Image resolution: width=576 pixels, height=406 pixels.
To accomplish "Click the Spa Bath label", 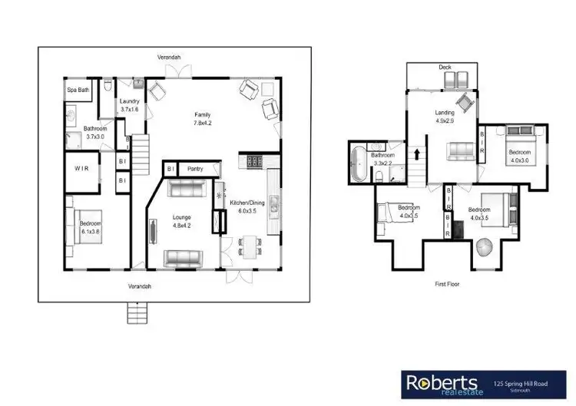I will pyautogui.click(x=78, y=90).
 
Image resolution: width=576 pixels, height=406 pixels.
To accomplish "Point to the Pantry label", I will pyautogui.click(x=195, y=168).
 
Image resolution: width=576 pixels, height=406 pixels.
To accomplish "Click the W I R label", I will pyautogui.click(x=83, y=167).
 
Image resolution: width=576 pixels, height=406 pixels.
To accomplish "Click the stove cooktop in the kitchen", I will pyautogui.click(x=253, y=162).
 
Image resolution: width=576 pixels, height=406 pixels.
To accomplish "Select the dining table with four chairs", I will pyautogui.click(x=249, y=246).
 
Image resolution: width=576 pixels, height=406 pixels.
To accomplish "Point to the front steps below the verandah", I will pyautogui.click(x=137, y=312).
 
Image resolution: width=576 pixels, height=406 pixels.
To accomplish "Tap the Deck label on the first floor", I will pyautogui.click(x=445, y=68).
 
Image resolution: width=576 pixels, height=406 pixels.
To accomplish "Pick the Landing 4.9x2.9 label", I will pyautogui.click(x=445, y=117).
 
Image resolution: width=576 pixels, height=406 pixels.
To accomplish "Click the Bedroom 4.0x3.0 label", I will pyautogui.click(x=518, y=157).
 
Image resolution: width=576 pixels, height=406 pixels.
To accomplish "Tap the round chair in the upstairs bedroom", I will pyautogui.click(x=485, y=249).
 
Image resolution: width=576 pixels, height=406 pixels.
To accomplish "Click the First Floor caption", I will pyautogui.click(x=448, y=283).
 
